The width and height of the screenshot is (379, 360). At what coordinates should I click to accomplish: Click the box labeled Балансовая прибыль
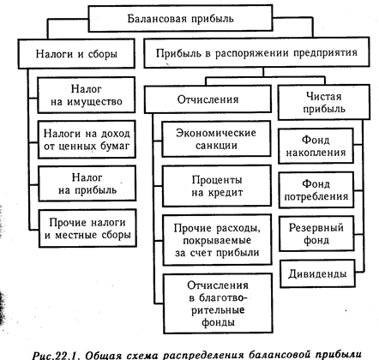tap(180, 18)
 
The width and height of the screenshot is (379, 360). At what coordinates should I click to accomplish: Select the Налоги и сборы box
tap(76, 54)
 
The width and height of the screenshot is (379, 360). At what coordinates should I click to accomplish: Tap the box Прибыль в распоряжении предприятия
tap(256, 52)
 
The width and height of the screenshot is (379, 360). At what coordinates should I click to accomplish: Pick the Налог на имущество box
tap(87, 95)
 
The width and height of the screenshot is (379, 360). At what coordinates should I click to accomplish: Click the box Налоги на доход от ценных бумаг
tap(87, 140)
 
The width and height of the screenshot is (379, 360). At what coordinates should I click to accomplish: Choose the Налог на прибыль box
tap(87, 183)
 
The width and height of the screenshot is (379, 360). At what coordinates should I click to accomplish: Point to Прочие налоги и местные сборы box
tap(87, 228)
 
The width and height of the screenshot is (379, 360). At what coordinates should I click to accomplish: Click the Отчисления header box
tap(208, 99)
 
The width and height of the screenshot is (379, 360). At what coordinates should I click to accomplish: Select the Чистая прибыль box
tap(324, 102)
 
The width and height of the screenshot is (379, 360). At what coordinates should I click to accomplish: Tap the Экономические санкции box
tap(216, 139)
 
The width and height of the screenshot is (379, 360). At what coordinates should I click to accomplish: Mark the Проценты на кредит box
tap(217, 186)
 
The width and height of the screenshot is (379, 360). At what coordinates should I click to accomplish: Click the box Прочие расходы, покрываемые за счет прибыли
tap(217, 240)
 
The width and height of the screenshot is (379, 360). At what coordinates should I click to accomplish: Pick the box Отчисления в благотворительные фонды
tap(218, 303)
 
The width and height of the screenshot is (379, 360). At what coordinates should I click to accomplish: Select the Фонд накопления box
tap(316, 146)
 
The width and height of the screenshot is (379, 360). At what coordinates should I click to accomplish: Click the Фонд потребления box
tap(316, 190)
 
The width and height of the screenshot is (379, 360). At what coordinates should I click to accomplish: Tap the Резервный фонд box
tap(316, 234)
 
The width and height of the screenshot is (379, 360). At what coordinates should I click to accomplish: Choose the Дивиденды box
tap(317, 273)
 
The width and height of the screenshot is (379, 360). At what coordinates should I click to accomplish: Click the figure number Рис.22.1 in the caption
tap(56, 355)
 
